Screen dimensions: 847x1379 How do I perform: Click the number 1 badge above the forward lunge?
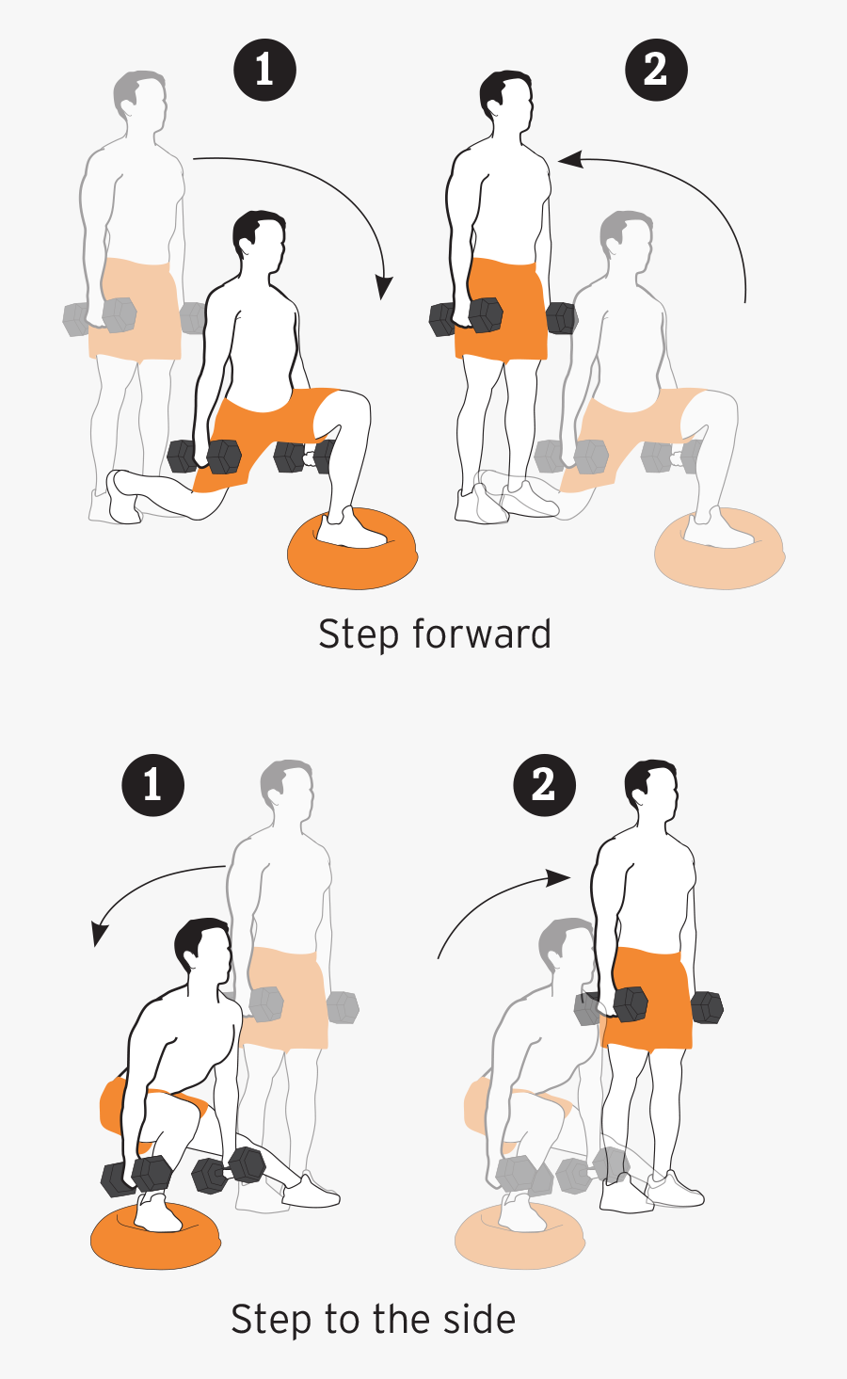(x=264, y=70)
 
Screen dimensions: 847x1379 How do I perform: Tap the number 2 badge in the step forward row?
(x=656, y=70)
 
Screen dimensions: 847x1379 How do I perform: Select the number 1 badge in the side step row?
(x=153, y=785)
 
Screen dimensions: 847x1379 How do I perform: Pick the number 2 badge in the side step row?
(x=545, y=785)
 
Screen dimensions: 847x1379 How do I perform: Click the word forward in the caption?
(x=481, y=633)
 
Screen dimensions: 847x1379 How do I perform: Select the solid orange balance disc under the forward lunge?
(x=353, y=548)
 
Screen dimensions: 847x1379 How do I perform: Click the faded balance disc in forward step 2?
(x=720, y=548)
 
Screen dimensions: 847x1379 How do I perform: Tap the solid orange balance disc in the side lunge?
(x=155, y=1235)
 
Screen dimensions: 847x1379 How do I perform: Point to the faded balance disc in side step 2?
(x=519, y=1235)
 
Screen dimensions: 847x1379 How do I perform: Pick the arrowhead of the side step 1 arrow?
(x=99, y=934)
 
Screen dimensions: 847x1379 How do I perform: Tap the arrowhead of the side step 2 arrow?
(x=559, y=878)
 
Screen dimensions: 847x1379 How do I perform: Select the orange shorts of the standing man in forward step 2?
(x=501, y=310)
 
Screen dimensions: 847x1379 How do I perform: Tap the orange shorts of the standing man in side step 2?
(x=647, y=999)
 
